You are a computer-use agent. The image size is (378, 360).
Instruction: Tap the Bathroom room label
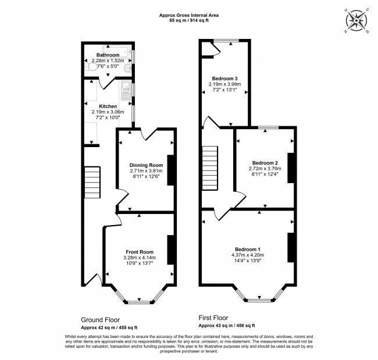[x=108, y=55]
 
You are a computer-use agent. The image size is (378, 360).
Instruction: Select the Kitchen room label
[x=108, y=106]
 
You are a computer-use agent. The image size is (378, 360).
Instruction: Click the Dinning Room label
[x=145, y=165]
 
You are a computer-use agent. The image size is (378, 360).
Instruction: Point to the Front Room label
[x=138, y=252]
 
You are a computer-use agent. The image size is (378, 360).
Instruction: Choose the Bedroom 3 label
[x=224, y=78]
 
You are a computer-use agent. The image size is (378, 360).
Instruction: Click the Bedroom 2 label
[x=265, y=162]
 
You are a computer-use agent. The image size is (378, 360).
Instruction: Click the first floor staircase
[x=209, y=167]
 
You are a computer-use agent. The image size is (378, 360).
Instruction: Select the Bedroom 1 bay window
[x=260, y=298]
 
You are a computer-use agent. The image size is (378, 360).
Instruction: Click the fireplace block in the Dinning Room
[x=171, y=169]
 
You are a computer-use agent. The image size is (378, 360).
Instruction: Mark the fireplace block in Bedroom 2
[x=291, y=167]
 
